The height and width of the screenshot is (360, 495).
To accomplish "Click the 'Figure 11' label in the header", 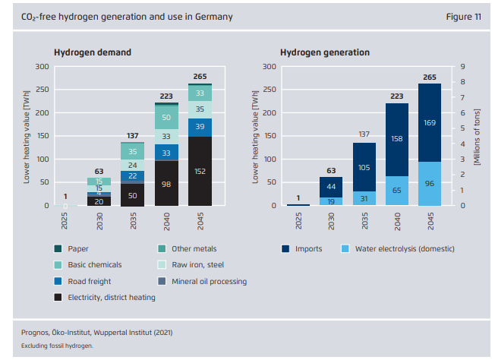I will (462, 16).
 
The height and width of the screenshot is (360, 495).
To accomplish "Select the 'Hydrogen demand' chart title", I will (93, 52).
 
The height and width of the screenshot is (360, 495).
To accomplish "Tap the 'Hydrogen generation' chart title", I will (325, 52).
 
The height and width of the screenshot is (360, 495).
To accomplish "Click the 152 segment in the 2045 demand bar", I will (200, 171).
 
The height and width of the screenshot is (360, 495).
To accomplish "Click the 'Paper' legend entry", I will (77, 248).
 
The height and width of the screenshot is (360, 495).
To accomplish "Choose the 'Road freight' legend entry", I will (88, 281).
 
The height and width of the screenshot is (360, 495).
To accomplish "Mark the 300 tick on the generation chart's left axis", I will (269, 67).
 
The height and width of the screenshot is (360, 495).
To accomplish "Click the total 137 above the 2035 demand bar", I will (131, 135).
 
